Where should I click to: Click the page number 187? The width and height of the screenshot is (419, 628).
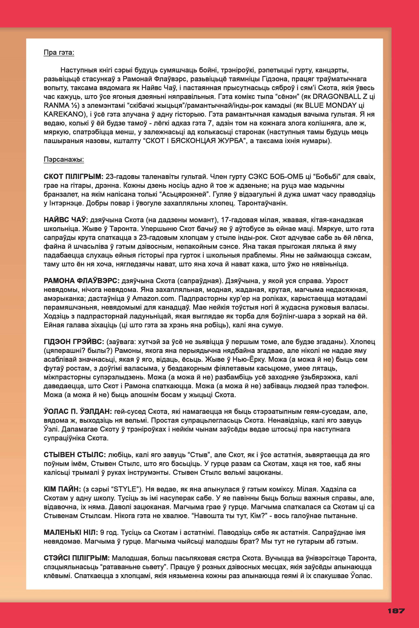(x=396, y=611)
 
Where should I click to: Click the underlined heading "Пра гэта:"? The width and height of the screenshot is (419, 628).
(x=59, y=52)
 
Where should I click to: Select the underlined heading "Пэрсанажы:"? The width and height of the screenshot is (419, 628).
(x=64, y=159)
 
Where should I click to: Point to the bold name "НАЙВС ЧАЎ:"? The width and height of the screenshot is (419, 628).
(x=66, y=220)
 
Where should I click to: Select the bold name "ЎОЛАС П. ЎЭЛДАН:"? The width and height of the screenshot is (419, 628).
(x=78, y=411)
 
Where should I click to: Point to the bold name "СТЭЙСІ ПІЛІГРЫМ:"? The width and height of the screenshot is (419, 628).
(x=76, y=558)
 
